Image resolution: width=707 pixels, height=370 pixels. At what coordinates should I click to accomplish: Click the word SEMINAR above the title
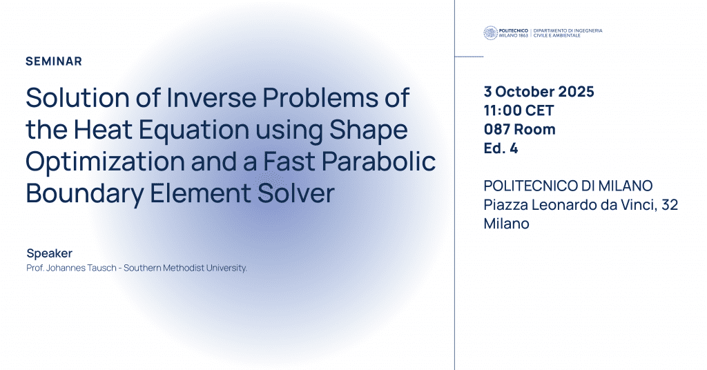point(54,61)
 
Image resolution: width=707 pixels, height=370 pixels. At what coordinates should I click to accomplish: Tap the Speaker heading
point(49,253)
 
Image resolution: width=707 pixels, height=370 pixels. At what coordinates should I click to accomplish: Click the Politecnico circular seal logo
point(490,32)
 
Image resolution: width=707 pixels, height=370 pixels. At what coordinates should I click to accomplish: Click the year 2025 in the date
point(574,92)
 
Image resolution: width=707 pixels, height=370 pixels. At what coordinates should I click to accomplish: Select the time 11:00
point(503,110)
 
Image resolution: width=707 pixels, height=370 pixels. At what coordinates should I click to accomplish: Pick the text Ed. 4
point(501,148)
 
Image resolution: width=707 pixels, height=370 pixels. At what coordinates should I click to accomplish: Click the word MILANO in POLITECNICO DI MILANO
point(625,186)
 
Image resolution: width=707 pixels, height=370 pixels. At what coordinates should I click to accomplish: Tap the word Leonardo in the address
point(570,204)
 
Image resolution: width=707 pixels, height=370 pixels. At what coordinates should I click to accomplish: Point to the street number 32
point(668,204)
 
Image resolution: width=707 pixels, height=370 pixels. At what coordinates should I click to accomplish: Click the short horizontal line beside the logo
point(469,57)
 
